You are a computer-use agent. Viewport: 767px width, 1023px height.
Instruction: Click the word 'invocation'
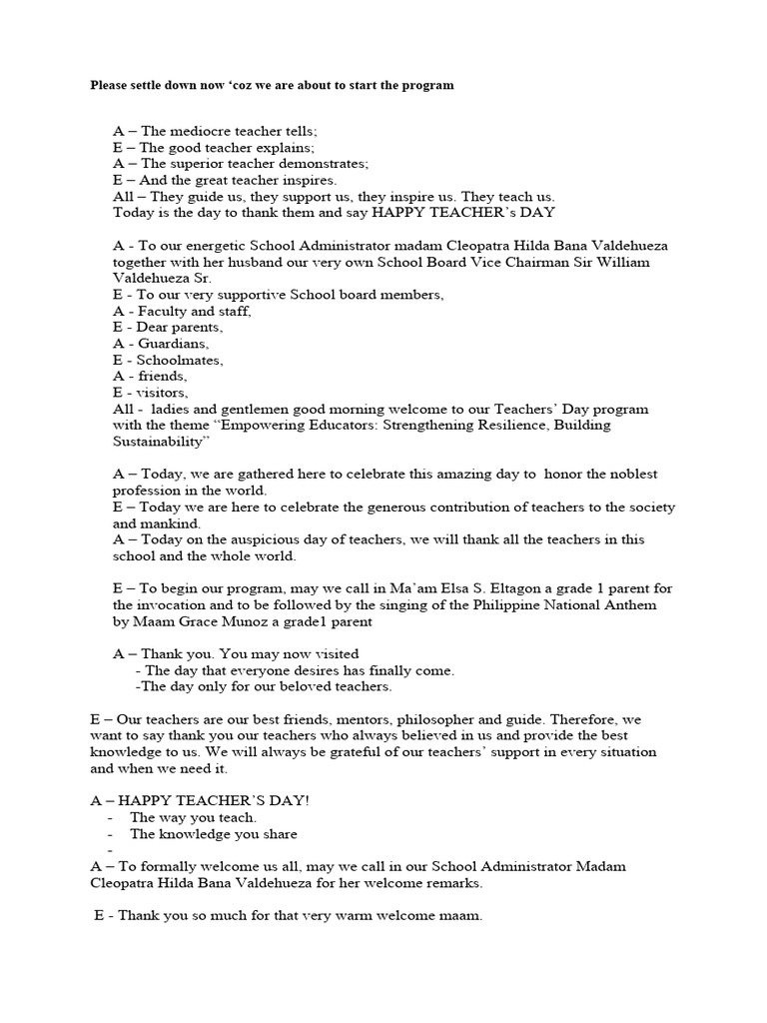[166, 605]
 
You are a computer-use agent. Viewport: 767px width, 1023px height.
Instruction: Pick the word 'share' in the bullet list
[279, 833]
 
